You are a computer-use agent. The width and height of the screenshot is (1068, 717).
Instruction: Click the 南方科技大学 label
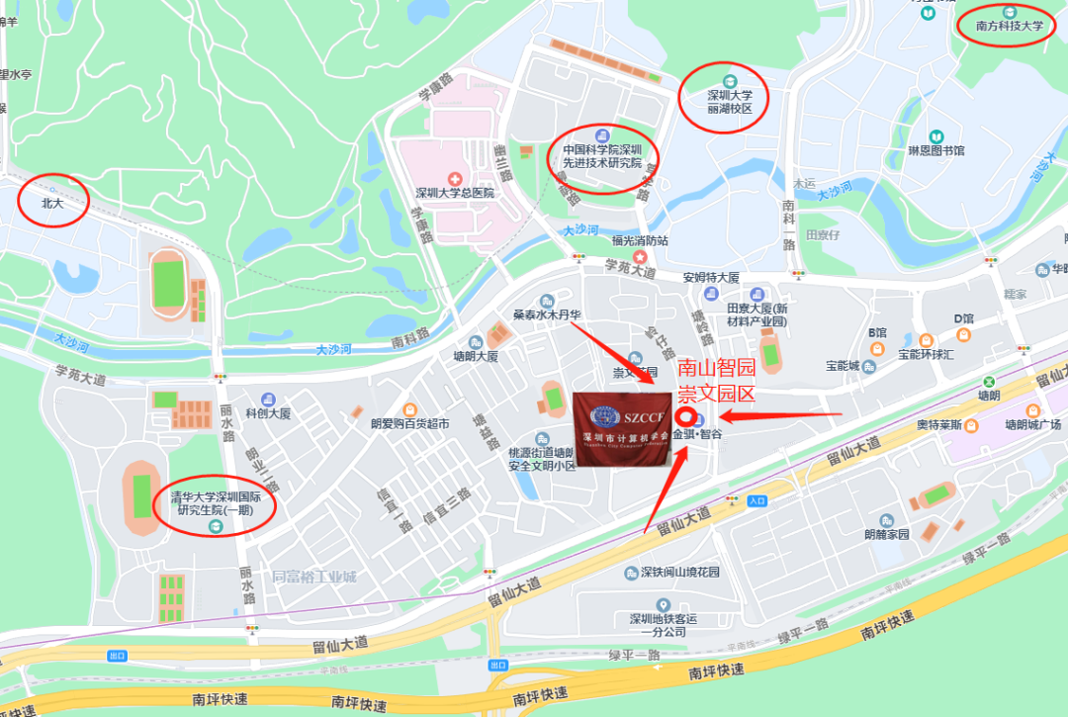(x=1009, y=27)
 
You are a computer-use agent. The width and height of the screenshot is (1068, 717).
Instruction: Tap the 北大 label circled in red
(x=51, y=202)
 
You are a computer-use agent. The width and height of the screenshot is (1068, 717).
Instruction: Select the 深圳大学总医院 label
(x=454, y=193)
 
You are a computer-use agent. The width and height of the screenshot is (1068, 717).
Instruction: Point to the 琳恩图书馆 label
(x=935, y=150)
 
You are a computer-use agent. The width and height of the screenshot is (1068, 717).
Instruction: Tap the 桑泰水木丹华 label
(x=546, y=315)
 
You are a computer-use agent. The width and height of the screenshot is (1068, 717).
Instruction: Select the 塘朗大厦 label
(x=476, y=356)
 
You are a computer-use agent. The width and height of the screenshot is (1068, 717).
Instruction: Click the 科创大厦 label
(x=267, y=413)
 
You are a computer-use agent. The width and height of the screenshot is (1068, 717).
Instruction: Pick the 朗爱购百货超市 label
(x=409, y=424)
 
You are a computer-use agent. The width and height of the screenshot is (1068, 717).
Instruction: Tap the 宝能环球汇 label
(x=924, y=353)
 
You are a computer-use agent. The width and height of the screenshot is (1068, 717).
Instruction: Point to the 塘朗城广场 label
(x=1032, y=424)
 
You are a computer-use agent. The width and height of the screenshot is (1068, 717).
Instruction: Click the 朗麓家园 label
(x=886, y=534)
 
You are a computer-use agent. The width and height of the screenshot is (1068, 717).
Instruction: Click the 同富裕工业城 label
(x=313, y=577)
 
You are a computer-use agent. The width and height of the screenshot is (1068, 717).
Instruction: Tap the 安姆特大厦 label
(x=711, y=278)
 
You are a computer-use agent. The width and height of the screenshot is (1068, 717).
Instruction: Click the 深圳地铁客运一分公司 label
(x=664, y=624)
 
